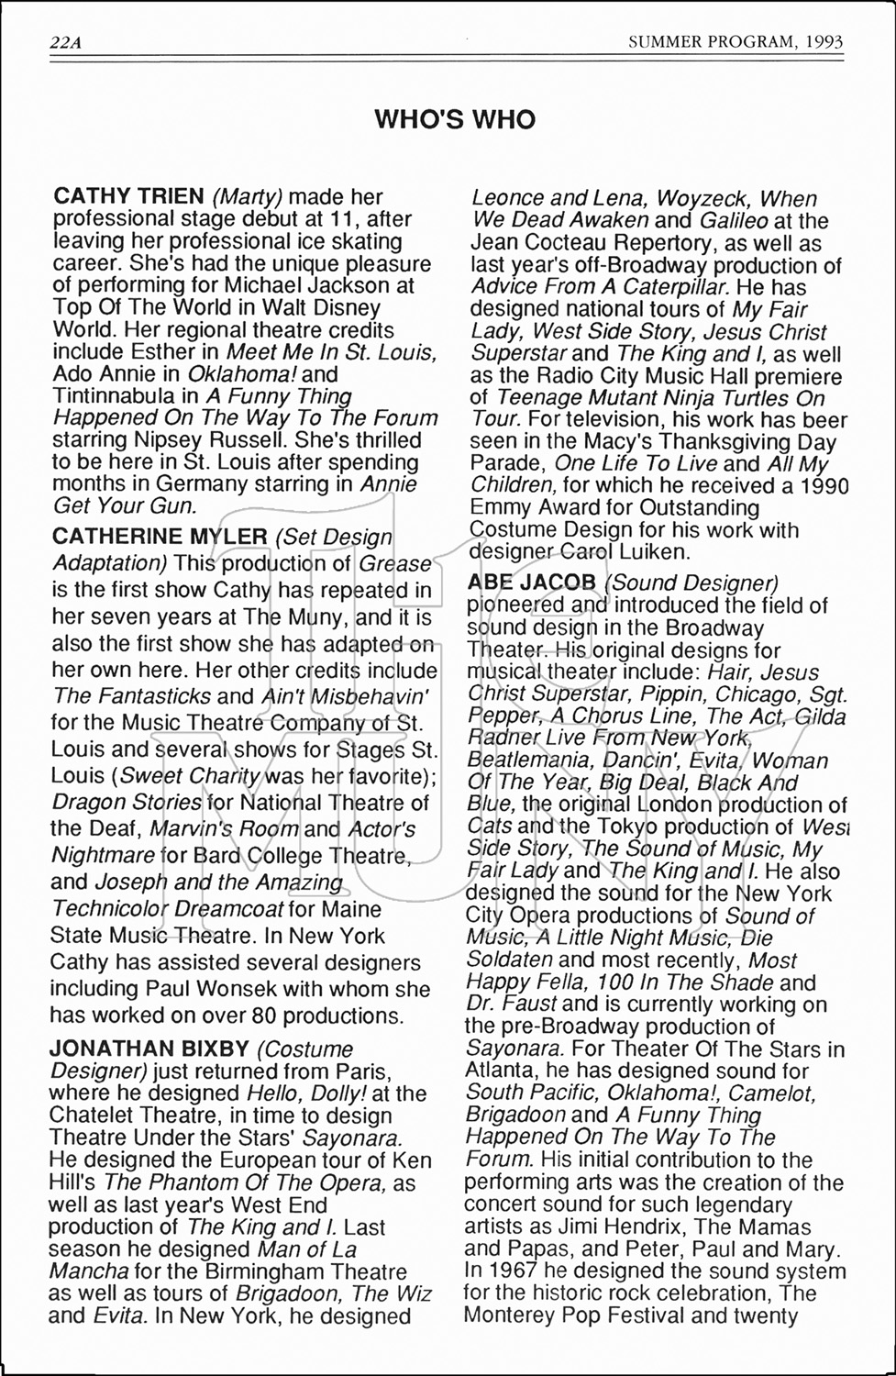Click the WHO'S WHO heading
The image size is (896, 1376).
pyautogui.click(x=455, y=120)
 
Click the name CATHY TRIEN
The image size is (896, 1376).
pyautogui.click(x=128, y=196)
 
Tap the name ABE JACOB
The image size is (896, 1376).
pyautogui.click(x=532, y=583)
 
